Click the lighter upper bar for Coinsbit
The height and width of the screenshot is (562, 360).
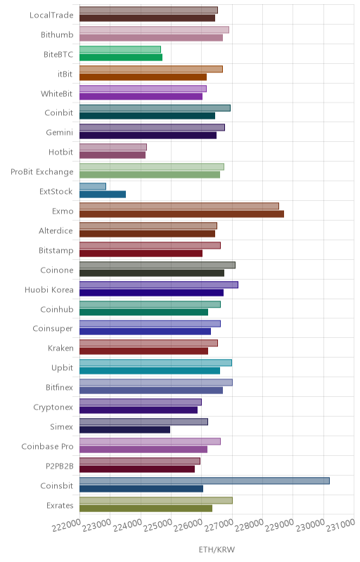(205, 481)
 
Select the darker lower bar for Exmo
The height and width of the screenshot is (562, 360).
(182, 214)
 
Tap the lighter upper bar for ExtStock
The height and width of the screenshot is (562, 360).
(93, 186)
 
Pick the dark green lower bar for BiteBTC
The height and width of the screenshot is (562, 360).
(121, 58)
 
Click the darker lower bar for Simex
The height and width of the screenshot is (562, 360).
(124, 430)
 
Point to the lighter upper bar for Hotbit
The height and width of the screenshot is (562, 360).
(113, 147)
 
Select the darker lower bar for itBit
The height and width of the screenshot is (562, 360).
(143, 77)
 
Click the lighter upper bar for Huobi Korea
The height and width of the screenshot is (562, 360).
(159, 285)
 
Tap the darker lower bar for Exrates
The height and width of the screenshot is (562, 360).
(146, 508)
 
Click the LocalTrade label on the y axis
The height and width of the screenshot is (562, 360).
(51, 15)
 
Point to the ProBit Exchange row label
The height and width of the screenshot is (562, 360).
(42, 172)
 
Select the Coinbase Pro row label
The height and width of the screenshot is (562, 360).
(47, 447)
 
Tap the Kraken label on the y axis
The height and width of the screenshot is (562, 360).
(60, 348)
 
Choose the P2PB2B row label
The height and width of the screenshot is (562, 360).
(60, 466)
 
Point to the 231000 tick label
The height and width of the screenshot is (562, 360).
(340, 525)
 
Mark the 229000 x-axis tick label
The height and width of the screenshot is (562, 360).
(280, 525)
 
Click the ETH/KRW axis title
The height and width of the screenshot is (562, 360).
(217, 550)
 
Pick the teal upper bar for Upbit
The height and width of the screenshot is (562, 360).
(155, 362)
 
